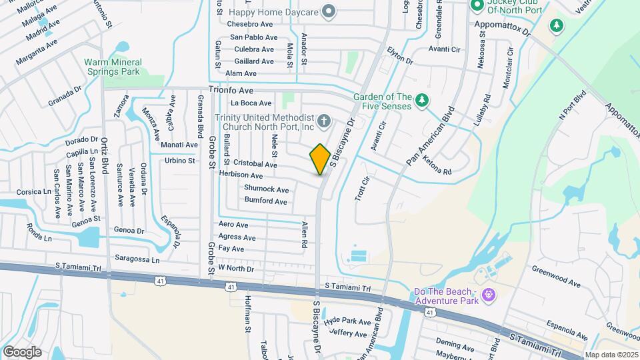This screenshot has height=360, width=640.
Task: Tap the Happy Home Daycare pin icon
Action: (328, 11)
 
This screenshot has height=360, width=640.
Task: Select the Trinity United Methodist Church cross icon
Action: (324, 121)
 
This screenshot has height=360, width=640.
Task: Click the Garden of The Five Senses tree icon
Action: (421, 101)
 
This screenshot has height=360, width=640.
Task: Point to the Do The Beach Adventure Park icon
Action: (489, 294)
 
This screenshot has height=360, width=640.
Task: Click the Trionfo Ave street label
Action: (231, 89)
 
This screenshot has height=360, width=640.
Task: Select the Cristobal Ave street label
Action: (255, 164)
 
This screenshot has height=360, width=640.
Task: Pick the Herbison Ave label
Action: (241, 175)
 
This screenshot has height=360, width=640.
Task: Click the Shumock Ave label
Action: (266, 189)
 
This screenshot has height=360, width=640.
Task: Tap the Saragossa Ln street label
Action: (137, 259)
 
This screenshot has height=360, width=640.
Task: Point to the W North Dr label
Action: (236, 269)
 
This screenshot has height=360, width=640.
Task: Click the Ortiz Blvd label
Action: (104, 155)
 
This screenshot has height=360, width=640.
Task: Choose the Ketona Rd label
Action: (437, 171)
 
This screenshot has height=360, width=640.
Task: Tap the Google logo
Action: (22, 351)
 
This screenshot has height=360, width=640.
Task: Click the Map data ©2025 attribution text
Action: (611, 355)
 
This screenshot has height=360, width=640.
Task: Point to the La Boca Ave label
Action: (251, 103)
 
